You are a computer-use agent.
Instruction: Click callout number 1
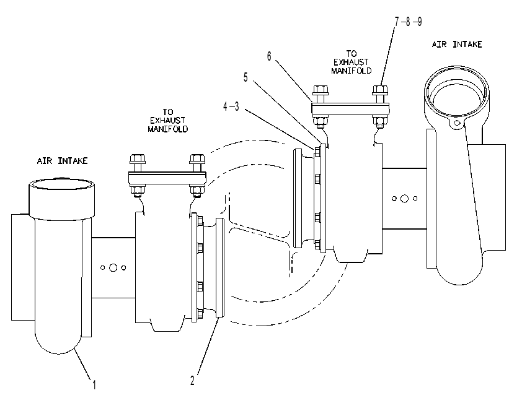[x=94, y=385]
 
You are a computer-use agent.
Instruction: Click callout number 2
[x=192, y=381]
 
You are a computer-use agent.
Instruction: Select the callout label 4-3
[x=231, y=106]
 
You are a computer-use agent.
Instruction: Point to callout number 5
[x=246, y=77]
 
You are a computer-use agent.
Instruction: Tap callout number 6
[x=269, y=56]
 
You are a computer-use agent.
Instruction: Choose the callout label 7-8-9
[x=408, y=22]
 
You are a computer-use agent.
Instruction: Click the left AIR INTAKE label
[x=62, y=161]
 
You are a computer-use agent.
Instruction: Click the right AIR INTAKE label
[x=457, y=45]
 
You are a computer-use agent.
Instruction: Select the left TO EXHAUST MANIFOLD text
[x=168, y=120]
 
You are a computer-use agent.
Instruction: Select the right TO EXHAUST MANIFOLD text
[x=352, y=62]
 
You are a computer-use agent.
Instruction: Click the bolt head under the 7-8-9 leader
[x=380, y=90]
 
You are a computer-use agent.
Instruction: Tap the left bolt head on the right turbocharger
[x=321, y=90]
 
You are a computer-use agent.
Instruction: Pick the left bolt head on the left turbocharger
[x=138, y=158]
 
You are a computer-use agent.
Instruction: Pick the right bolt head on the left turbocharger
[x=197, y=158]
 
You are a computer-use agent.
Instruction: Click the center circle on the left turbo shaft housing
[x=113, y=267]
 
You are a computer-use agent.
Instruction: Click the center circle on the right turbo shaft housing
[x=404, y=199]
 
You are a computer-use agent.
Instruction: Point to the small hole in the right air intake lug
[x=457, y=123]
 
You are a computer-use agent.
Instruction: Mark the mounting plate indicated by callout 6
[x=350, y=109]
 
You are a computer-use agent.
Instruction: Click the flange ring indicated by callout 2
[x=219, y=267]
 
